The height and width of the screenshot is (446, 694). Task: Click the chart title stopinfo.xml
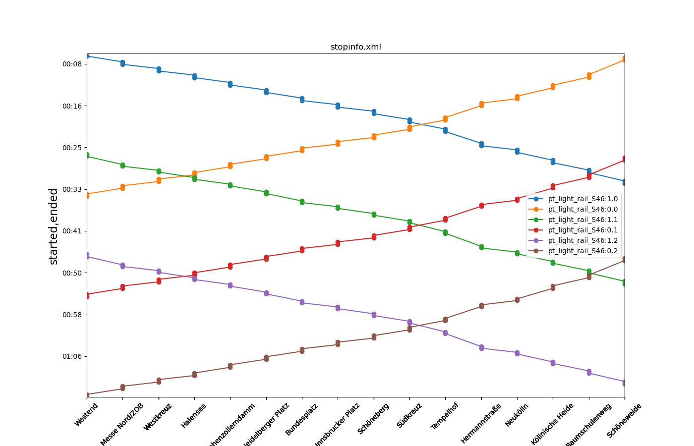click(355, 47)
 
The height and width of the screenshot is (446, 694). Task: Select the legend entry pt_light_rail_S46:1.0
click(582, 199)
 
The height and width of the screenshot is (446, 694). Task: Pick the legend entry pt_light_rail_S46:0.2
click(582, 251)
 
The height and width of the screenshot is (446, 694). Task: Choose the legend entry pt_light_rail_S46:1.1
click(582, 220)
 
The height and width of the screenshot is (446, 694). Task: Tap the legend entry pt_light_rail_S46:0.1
click(582, 230)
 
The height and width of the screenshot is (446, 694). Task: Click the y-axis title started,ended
click(54, 226)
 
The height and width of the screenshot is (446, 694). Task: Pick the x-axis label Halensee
click(194, 416)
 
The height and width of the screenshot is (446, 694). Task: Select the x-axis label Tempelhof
click(445, 416)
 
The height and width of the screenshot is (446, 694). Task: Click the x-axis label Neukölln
click(517, 415)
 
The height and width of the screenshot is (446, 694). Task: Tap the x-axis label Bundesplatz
click(301, 419)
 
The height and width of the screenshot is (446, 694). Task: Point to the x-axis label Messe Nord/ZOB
click(122, 424)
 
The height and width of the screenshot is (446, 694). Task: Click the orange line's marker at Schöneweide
click(625, 59)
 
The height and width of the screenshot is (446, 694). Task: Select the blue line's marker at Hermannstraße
click(481, 145)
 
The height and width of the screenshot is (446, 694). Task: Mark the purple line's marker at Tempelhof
click(445, 333)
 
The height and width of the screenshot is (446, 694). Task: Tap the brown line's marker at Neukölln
click(517, 300)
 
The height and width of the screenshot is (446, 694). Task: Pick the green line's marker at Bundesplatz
click(302, 202)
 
